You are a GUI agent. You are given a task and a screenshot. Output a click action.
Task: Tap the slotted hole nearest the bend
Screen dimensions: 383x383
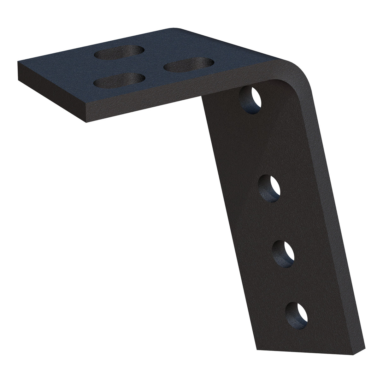[189, 64]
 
